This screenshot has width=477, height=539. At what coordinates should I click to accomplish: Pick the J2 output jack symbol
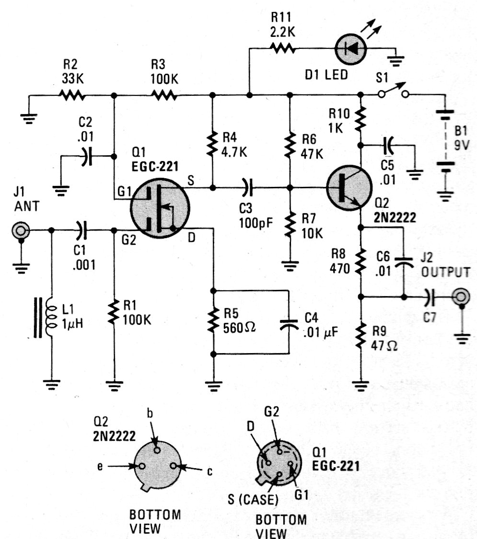coord(460,297)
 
